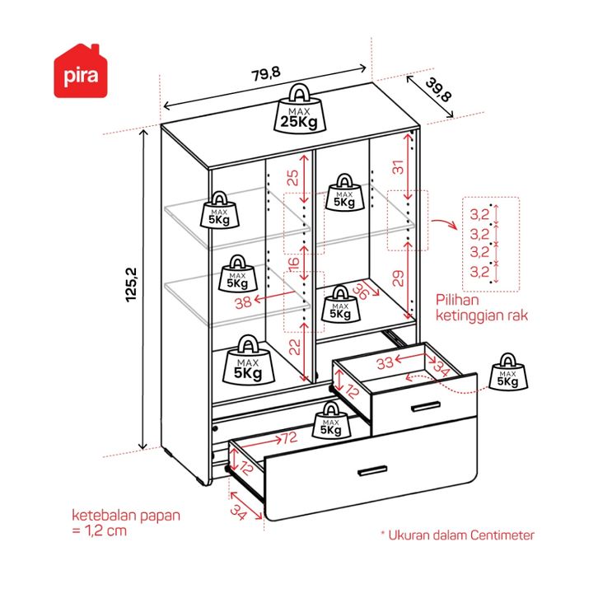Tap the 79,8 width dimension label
[x=266, y=73]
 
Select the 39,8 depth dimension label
[x=438, y=90]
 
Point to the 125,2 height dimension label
[x=131, y=285]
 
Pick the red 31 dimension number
[x=398, y=167]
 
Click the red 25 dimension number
[x=293, y=178]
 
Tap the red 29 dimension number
[x=398, y=278]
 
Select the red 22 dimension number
[x=295, y=347]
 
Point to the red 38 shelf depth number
[x=243, y=303]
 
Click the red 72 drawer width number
[x=289, y=438]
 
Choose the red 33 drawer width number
[x=385, y=362]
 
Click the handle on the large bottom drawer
[x=372, y=471]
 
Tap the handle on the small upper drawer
[x=426, y=407]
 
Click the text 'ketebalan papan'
[x=126, y=516]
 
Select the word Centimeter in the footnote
[x=502, y=535]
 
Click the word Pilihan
[x=457, y=300]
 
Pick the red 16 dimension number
[x=294, y=264]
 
